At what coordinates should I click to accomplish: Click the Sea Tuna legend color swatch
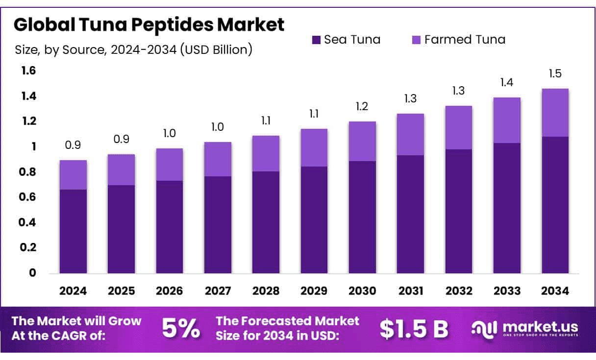tap(316, 40)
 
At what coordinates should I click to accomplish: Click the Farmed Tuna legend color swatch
tap(416, 40)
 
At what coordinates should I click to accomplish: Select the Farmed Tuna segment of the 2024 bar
tap(73, 175)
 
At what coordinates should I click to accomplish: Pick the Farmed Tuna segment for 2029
tap(314, 148)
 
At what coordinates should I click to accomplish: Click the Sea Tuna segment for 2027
tap(218, 225)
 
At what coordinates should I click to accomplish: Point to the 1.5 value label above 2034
tap(555, 74)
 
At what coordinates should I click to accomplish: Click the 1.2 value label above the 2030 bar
tap(362, 106)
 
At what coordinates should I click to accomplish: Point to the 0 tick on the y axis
tap(33, 273)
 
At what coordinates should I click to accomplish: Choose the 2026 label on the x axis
tap(170, 291)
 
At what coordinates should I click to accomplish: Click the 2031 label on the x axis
tap(411, 291)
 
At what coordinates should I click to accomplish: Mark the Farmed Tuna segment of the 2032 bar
tap(459, 128)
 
